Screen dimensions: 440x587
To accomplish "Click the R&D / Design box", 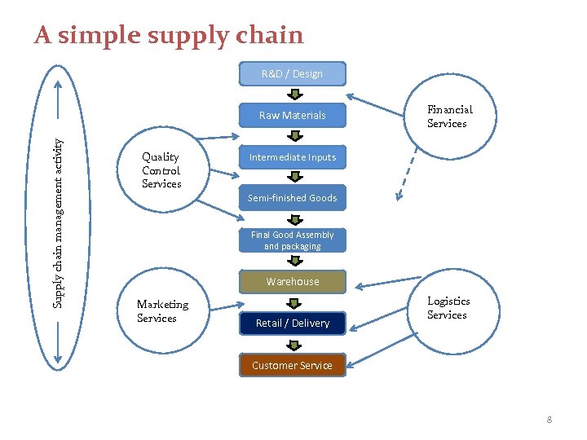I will click(x=292, y=74).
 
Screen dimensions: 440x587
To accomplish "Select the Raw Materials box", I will click(x=292, y=116).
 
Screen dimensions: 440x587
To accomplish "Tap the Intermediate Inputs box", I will click(x=292, y=157).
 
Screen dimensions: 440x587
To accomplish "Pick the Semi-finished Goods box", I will click(x=292, y=198).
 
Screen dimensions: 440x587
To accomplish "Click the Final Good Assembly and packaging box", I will click(x=292, y=240).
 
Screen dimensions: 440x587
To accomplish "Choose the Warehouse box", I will click(x=292, y=282).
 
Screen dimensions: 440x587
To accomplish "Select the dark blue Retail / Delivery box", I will click(x=292, y=323).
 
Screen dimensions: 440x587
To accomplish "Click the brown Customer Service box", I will click(x=292, y=365).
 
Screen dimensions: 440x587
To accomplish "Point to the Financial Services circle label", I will click(x=449, y=117).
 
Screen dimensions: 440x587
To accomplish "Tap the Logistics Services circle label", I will click(x=448, y=308).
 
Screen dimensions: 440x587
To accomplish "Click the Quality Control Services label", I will click(x=161, y=170).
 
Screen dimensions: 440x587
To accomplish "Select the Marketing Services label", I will click(x=162, y=311).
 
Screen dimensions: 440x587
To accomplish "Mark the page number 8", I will click(x=549, y=420).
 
